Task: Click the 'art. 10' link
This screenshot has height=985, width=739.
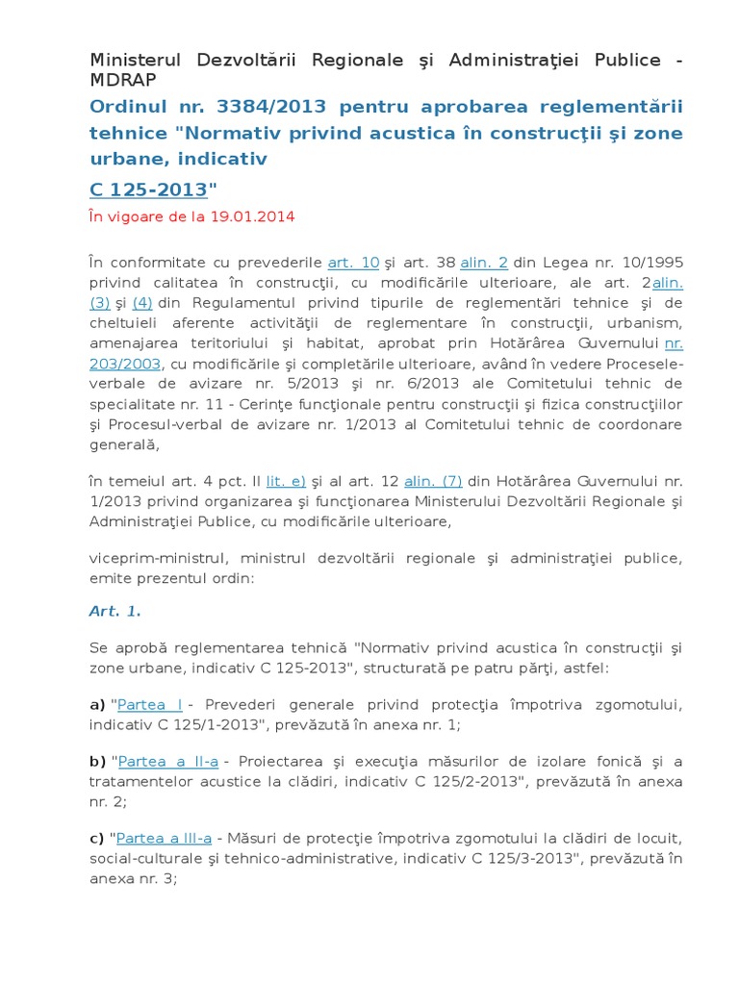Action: pyautogui.click(x=353, y=262)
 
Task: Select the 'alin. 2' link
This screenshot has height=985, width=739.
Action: pyautogui.click(x=484, y=262)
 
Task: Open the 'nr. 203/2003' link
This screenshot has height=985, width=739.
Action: pyautogui.click(x=674, y=342)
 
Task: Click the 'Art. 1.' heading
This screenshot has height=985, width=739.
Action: pyautogui.click(x=115, y=611)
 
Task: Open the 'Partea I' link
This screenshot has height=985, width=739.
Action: pyautogui.click(x=150, y=705)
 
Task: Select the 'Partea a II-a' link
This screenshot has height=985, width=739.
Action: pyautogui.click(x=168, y=761)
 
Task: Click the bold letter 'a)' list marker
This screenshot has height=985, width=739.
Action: pyautogui.click(x=97, y=705)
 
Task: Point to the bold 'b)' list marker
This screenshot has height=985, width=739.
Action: pyautogui.click(x=97, y=761)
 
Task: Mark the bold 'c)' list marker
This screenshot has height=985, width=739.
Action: pyautogui.click(x=97, y=837)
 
